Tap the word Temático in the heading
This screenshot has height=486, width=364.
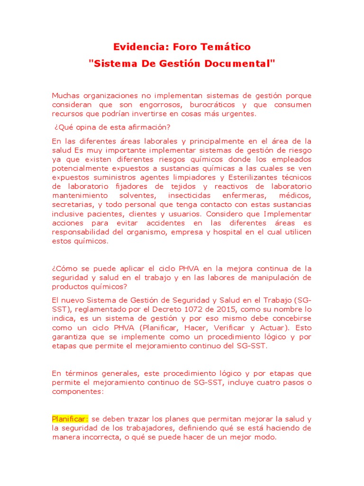(227, 47)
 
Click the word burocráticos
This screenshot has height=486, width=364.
(211, 104)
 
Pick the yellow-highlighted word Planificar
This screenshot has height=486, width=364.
(70, 419)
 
